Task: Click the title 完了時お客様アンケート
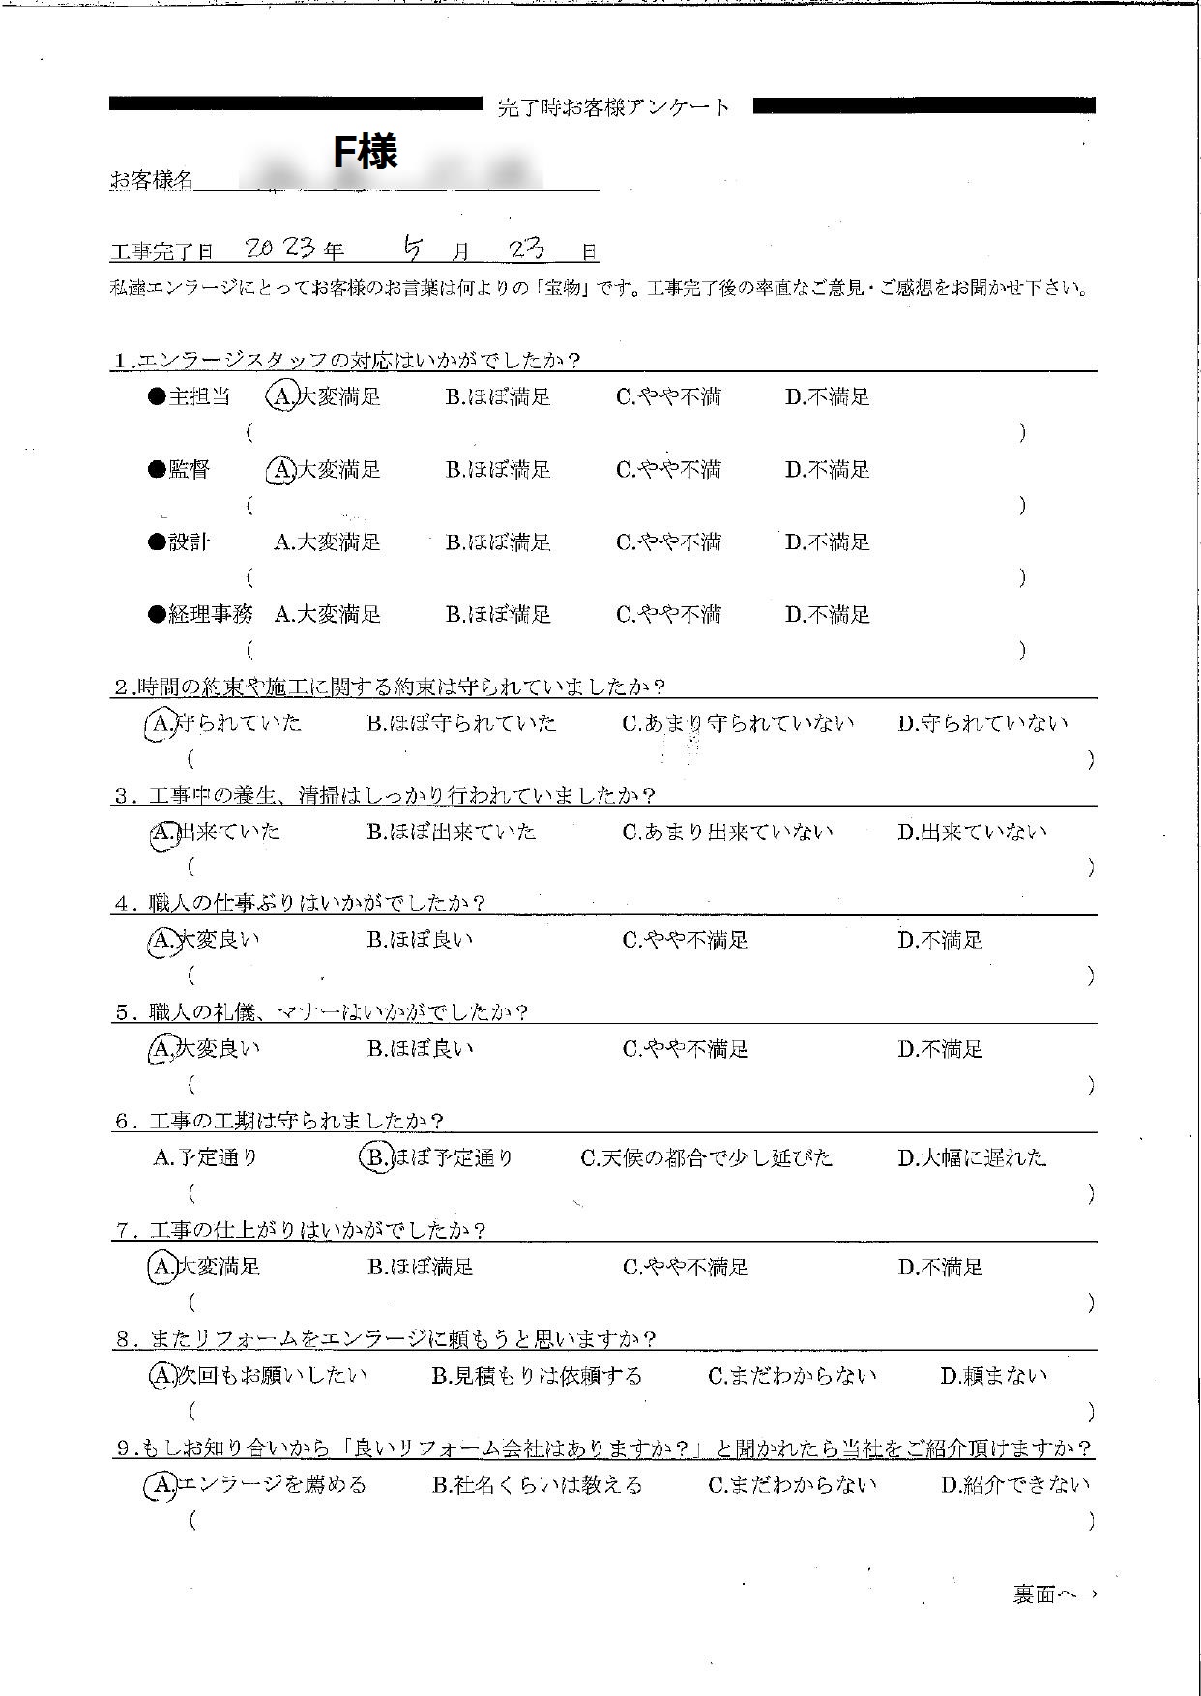point(615,107)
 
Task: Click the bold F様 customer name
point(365,153)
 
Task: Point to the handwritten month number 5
point(413,249)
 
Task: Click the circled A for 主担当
point(280,396)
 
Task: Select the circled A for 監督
point(280,470)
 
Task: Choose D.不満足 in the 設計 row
point(827,542)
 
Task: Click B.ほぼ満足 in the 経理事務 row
point(497,615)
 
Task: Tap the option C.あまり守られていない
point(738,723)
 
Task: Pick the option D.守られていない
point(982,723)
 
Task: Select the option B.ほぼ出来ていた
point(451,833)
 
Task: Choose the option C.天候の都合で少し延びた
point(706,1157)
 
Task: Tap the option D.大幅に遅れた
point(972,1157)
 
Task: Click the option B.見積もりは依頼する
point(536,1376)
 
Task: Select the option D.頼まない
point(993,1376)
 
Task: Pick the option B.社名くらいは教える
point(537,1485)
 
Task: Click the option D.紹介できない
point(1015,1485)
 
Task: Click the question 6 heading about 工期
point(279,1122)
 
